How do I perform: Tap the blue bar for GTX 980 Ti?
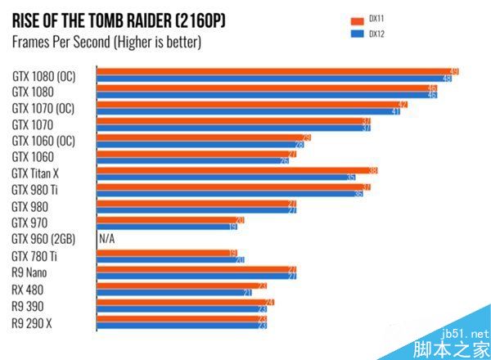(230, 194)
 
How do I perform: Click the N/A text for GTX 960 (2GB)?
(107, 239)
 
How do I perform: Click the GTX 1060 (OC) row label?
(43, 141)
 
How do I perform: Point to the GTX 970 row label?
(29, 223)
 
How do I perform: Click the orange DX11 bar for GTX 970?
(171, 219)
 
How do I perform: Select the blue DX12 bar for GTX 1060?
(193, 160)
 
